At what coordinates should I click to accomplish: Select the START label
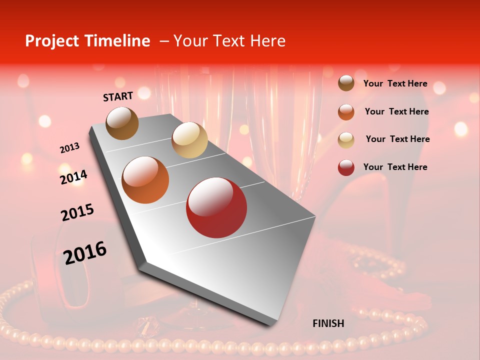(118, 96)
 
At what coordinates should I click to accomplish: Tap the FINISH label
(328, 323)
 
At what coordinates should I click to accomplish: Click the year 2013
(69, 148)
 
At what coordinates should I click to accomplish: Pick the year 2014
(73, 177)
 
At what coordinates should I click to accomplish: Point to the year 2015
(77, 212)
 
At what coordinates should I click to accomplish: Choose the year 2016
(85, 252)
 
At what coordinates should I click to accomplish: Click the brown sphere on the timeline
(122, 123)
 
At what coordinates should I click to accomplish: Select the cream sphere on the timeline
(189, 140)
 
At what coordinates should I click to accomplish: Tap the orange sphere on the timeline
(145, 180)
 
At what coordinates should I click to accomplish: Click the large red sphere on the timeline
(216, 207)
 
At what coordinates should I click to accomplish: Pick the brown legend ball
(346, 83)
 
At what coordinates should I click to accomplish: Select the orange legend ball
(346, 111)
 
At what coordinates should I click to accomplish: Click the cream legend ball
(346, 139)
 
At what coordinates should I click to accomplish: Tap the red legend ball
(346, 167)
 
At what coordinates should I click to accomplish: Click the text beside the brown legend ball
(395, 83)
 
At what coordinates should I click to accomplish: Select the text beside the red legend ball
(395, 167)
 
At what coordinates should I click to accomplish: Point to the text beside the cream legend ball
(397, 139)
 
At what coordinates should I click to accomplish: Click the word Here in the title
(267, 41)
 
